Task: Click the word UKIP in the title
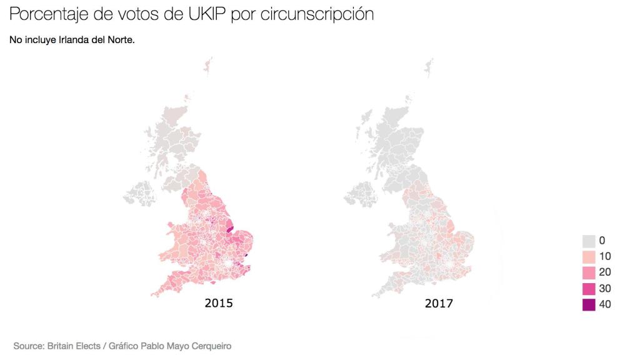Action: click(x=206, y=14)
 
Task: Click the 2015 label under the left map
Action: click(x=219, y=304)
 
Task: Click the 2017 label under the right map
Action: click(x=439, y=304)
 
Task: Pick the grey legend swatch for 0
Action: click(x=588, y=241)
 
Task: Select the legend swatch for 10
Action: click(x=588, y=256)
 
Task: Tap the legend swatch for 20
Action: click(x=588, y=272)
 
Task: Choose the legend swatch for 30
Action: click(x=588, y=289)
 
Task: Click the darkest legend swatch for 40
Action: click(x=588, y=304)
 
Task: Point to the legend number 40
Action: click(x=605, y=304)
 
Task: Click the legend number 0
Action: click(x=602, y=241)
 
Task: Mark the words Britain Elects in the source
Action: click(x=75, y=345)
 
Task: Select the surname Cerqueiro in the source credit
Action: click(x=211, y=345)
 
